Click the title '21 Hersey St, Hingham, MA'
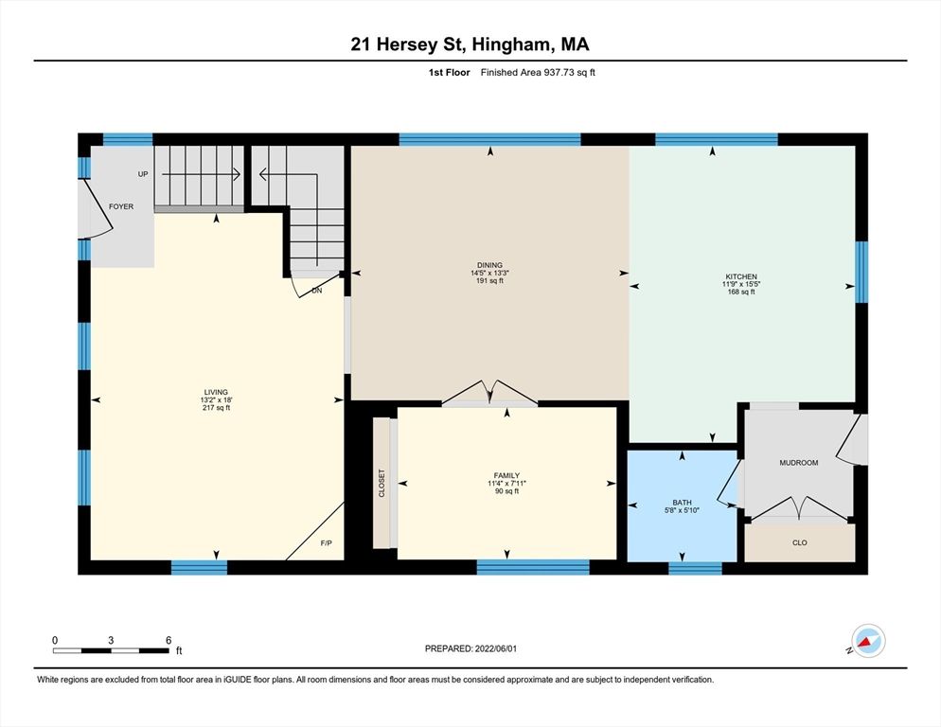tap(470, 44)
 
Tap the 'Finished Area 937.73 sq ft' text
tap(538, 72)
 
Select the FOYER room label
tap(121, 206)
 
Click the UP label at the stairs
tap(143, 175)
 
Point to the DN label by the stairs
tap(316, 292)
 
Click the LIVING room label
tap(216, 392)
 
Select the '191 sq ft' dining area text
tap(489, 282)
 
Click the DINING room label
tap(489, 265)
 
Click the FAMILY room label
tap(506, 475)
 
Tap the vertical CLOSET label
tap(382, 483)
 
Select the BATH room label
tap(682, 504)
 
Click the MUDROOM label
tap(798, 463)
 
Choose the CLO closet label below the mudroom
tap(799, 543)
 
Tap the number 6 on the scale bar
tap(168, 640)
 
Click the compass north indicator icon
tap(868, 640)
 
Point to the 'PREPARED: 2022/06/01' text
tap(470, 648)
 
